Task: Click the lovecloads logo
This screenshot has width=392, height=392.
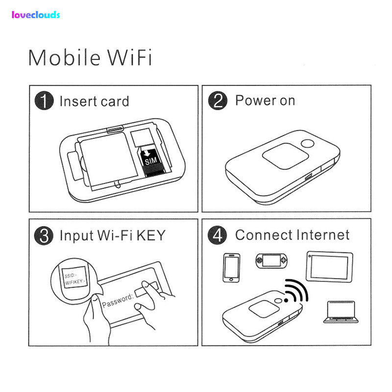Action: (x=36, y=15)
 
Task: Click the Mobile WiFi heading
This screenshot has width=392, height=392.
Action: (x=90, y=58)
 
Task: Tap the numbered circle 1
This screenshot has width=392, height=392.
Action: (x=44, y=100)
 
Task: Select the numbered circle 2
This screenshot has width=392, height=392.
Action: (x=218, y=100)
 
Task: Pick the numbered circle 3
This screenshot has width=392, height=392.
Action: (x=44, y=236)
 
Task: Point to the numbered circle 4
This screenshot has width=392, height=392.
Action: (x=217, y=235)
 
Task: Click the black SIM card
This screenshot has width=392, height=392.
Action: (x=151, y=162)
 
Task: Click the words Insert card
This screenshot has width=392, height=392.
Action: (x=94, y=101)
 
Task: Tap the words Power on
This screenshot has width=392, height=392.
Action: (x=265, y=100)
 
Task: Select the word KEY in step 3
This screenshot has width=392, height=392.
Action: (x=151, y=235)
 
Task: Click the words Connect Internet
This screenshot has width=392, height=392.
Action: (x=292, y=235)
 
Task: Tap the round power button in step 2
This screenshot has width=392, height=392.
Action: (x=308, y=144)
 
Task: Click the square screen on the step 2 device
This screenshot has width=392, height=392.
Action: (x=285, y=156)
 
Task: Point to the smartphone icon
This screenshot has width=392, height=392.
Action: (x=231, y=268)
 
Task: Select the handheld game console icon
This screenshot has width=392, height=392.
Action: (x=271, y=261)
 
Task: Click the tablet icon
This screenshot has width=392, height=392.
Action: (x=329, y=267)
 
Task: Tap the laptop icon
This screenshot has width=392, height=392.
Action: (x=341, y=312)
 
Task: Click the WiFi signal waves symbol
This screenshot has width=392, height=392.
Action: (x=296, y=291)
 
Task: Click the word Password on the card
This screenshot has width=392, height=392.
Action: (x=118, y=300)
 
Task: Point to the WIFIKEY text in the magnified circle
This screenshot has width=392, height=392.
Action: (x=75, y=282)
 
